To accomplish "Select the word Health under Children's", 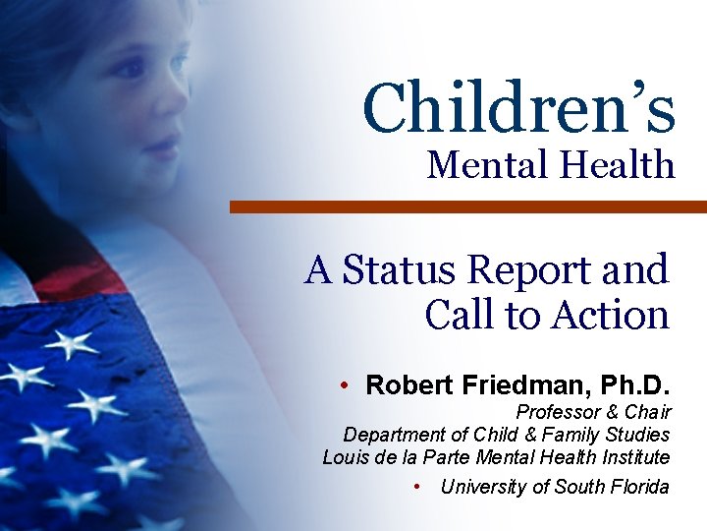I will point(618,164).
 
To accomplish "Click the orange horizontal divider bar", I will point(467,206).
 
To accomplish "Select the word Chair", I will point(648,412).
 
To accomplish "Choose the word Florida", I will point(639,487).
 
